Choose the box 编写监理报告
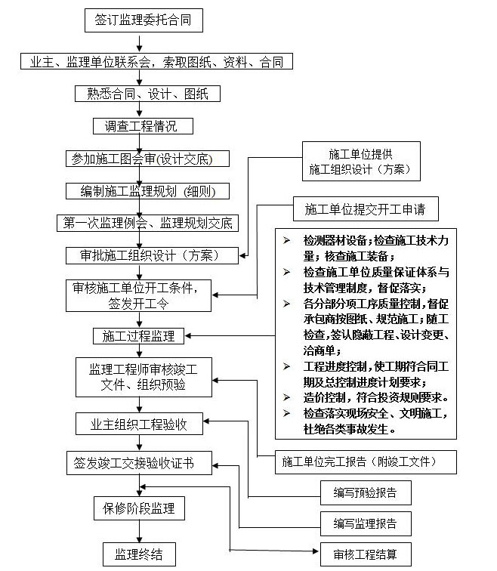364,523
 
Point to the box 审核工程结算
364,553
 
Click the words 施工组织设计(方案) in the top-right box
360,171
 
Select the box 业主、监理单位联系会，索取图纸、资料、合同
156,62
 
